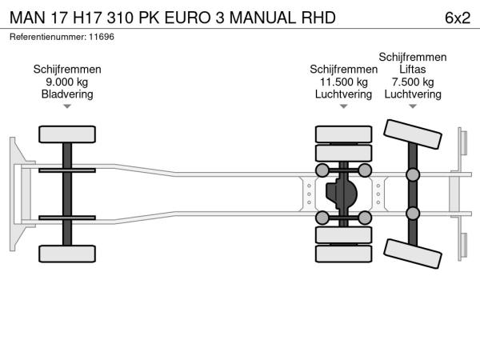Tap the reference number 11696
[x=102, y=37]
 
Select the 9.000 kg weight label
[x=67, y=82]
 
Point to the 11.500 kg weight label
[x=344, y=82]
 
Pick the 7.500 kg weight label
[x=413, y=82]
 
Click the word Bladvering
[x=67, y=94]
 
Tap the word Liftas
[x=413, y=70]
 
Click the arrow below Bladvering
[x=67, y=106]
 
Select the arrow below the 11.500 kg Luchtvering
[x=344, y=106]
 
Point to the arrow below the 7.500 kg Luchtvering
[x=413, y=106]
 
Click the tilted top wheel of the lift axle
[x=413, y=134]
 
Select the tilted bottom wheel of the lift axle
[x=413, y=254]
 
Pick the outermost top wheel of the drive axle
[x=344, y=134]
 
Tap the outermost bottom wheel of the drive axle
[x=344, y=255]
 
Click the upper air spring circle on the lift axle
[x=413, y=175]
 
